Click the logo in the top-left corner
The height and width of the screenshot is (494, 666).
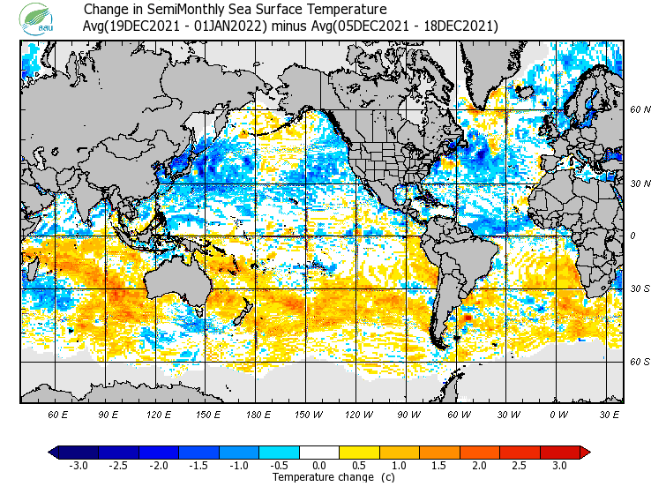pos(40,19)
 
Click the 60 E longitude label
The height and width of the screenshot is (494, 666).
pos(58,414)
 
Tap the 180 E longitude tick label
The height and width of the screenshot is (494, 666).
pos(258,414)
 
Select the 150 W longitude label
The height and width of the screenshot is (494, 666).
pos(308,414)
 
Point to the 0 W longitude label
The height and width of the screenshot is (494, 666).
pos(557,414)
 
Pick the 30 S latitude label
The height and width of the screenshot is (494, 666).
pos(640,288)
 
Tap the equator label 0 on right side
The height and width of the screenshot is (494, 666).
pos(632,236)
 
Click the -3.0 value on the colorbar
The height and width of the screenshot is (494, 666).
pos(78,466)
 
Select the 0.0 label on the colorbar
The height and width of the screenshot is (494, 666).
pos(319,466)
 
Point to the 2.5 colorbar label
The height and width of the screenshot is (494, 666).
pos(520,466)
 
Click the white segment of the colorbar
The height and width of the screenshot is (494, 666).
pos(319,452)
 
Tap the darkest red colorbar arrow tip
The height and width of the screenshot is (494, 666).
pos(585,452)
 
